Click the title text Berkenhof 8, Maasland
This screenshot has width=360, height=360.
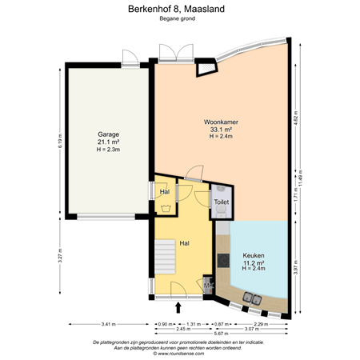point(179,9)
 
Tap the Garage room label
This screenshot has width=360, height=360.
point(109,139)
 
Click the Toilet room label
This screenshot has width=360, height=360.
point(221,203)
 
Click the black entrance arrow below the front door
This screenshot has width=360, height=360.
point(178,305)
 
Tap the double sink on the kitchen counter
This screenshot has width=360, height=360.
point(253,299)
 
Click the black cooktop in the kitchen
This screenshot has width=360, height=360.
point(221,262)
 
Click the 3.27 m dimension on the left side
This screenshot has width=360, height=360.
point(59,258)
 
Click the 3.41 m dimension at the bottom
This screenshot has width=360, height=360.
point(108,324)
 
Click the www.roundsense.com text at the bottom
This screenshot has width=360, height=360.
point(179,351)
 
